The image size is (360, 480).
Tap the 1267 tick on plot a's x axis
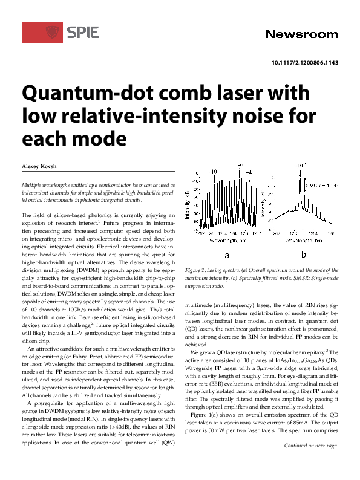(255, 233)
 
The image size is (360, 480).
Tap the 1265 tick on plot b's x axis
(331, 233)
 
